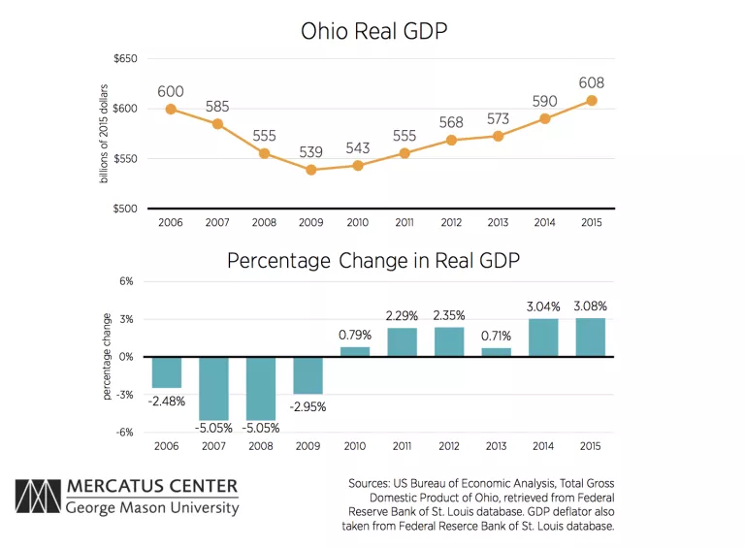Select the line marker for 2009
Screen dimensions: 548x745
coord(311,170)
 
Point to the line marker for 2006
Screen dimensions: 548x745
coord(171,109)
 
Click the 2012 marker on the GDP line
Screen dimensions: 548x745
coord(452,140)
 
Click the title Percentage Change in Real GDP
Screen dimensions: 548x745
coord(372,261)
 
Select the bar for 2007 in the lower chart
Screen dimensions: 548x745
coord(217,388)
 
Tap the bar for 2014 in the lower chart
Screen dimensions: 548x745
coord(543,338)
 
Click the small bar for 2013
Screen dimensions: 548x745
coord(497,351)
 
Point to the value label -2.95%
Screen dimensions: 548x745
coord(310,406)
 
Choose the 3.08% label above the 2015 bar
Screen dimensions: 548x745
coord(590,306)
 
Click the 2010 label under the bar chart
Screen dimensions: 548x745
coord(358,446)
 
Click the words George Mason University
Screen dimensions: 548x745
coord(151,508)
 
